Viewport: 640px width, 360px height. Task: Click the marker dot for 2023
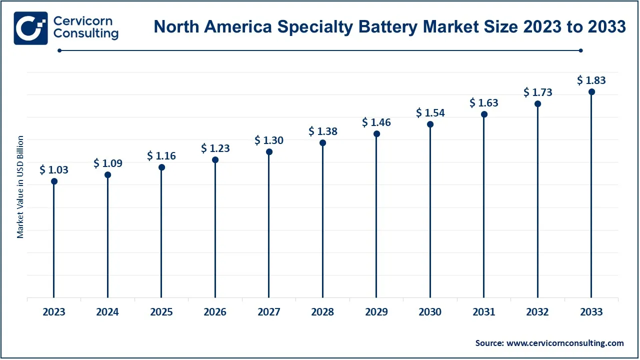54,181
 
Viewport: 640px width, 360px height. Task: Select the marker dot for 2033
591,91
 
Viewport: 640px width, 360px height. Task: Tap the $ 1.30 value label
269,140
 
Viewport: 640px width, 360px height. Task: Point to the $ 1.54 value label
430,113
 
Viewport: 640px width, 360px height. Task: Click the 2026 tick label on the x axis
215,312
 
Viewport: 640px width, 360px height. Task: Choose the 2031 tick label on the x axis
484,312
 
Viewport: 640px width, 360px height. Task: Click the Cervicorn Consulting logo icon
31,28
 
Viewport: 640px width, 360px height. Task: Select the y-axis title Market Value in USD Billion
20,186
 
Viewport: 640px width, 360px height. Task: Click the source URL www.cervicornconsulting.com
565,343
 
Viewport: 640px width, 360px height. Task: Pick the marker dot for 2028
322,143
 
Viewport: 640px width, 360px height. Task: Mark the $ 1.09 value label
108,163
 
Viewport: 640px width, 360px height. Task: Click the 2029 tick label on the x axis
376,312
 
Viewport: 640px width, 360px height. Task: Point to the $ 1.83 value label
591,80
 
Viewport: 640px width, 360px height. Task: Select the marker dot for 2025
161,167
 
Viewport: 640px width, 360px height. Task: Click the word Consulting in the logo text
85,34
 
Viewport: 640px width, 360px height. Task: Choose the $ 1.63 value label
484,103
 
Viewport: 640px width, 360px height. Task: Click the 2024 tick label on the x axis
107,312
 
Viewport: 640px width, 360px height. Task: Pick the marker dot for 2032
538,104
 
